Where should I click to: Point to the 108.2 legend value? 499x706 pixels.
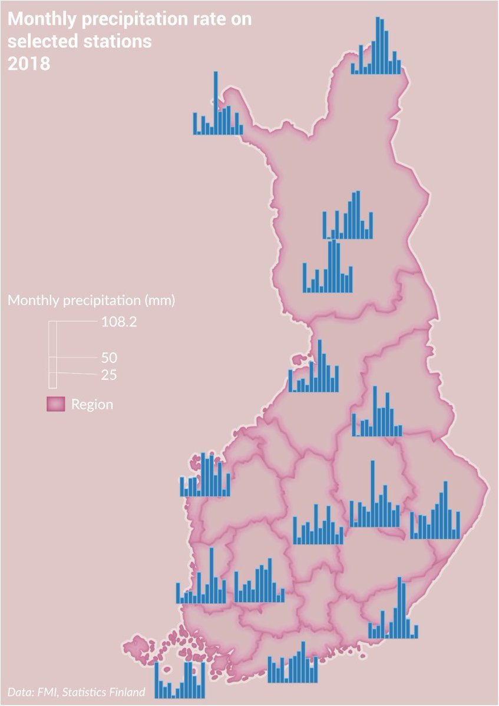pos(119,322)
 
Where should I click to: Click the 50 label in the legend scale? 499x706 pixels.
pos(109,358)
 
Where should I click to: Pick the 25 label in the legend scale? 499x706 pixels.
pos(108,375)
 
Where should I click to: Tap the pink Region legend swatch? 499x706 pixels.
pos(55,404)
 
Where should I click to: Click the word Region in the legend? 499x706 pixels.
pos(92,404)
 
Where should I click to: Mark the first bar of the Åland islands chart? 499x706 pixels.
pos(157,681)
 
